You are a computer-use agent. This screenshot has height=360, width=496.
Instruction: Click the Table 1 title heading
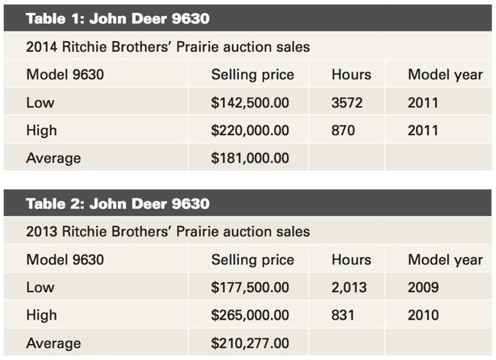tap(118, 18)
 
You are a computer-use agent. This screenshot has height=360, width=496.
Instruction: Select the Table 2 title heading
tap(118, 204)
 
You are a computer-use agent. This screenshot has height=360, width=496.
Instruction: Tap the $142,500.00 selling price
tap(250, 103)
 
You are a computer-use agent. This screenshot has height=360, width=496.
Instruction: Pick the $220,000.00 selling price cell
tap(250, 130)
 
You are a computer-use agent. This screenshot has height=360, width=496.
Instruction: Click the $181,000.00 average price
tap(250, 158)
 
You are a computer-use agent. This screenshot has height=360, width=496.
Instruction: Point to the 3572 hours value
tap(348, 103)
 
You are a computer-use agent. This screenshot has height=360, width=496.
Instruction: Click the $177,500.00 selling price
tap(250, 288)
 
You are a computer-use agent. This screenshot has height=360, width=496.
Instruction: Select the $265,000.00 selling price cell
tap(250, 315)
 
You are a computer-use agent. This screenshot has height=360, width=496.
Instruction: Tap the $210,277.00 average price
tap(250, 343)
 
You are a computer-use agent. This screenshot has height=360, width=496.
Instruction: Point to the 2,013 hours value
tap(349, 288)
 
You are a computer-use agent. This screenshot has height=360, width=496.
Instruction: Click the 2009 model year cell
tap(424, 288)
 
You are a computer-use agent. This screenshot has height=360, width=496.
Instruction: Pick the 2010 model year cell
tap(424, 315)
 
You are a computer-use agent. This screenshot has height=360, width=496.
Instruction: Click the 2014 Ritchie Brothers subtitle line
tap(168, 47)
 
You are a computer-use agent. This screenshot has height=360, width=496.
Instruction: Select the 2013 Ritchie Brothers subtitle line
tap(168, 231)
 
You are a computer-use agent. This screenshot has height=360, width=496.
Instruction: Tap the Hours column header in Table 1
tap(352, 75)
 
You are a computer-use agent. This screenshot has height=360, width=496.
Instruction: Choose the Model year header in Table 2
tap(445, 259)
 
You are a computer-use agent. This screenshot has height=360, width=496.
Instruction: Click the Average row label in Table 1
tap(53, 158)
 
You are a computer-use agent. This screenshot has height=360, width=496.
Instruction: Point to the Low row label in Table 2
tap(40, 288)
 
